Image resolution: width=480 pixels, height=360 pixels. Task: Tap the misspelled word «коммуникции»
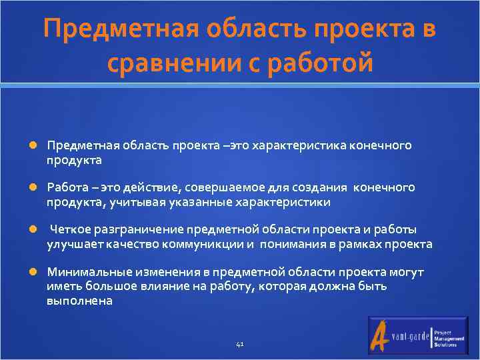point(208,244)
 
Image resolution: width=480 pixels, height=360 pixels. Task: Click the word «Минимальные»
point(81,272)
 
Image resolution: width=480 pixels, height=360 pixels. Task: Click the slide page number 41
point(240,345)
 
